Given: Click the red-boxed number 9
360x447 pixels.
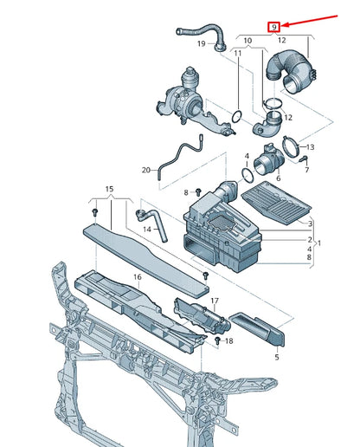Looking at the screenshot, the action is point(274,27).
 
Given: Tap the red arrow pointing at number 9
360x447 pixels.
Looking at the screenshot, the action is point(309,21).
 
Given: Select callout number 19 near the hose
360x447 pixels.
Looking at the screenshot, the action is point(202,43).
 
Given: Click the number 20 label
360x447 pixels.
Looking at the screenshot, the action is point(146,170).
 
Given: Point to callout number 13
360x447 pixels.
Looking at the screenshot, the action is point(310,147).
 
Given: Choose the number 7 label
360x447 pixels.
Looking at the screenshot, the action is point(306,170).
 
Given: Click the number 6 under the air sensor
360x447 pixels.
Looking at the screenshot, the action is point(278,178).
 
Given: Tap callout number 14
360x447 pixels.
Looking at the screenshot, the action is point(147,230).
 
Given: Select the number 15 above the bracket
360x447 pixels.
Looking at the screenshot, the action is point(109,189).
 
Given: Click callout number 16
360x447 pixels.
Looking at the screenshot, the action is point(138,277).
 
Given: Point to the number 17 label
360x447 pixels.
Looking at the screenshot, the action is point(215,301).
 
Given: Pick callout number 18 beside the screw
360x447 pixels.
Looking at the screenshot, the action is point(228,341).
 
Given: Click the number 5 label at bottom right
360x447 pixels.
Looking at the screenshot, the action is point(277,357).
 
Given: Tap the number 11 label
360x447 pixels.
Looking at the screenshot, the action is point(237,53).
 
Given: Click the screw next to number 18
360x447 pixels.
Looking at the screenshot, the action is point(218,340).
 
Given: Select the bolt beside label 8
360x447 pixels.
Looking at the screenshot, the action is point(198,192).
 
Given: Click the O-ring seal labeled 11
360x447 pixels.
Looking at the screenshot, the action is point(237,116).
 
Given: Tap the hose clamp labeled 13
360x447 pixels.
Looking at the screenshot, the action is point(291,146).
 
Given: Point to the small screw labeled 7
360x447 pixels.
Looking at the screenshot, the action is point(304,159).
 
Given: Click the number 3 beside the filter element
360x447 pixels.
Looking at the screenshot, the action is point(310,223).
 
